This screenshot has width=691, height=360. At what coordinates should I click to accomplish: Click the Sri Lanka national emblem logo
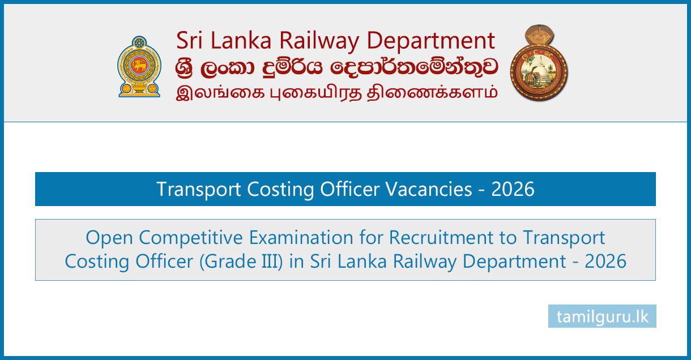(x=139, y=67)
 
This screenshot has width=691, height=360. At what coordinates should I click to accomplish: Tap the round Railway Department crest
(x=539, y=63)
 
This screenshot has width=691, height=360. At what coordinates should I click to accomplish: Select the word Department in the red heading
(x=431, y=41)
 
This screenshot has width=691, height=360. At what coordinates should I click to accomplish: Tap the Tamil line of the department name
(x=336, y=92)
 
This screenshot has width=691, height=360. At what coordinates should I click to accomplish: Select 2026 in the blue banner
(x=513, y=189)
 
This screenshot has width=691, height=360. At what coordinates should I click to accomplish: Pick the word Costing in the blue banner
(x=280, y=190)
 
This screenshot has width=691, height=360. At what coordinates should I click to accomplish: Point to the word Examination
(x=301, y=237)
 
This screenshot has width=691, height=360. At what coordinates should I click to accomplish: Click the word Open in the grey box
(x=109, y=238)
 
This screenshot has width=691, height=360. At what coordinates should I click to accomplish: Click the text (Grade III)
(x=241, y=262)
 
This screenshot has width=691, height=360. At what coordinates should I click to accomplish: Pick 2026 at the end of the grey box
(x=605, y=262)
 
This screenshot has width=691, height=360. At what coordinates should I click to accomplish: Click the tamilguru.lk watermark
(x=602, y=316)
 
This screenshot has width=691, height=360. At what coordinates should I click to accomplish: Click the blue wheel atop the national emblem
(x=139, y=42)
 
